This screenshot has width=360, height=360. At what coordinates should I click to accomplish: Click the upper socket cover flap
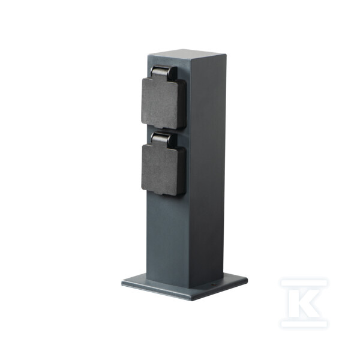click(x=163, y=103)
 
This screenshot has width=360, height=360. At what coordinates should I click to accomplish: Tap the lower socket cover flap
click(x=163, y=170)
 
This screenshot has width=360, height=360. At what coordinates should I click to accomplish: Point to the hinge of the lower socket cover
click(x=164, y=139)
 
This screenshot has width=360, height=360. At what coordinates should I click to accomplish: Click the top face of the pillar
click(x=187, y=54)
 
